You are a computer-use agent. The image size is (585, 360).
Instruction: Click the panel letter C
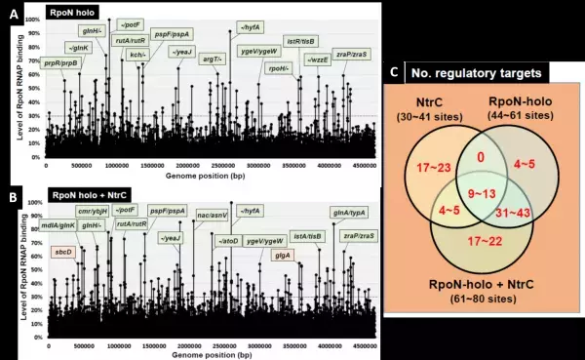393,71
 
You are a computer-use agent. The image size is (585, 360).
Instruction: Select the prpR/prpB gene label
60,62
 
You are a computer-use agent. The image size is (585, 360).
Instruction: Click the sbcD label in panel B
65,253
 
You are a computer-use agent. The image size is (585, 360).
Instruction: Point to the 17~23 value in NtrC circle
428,168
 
